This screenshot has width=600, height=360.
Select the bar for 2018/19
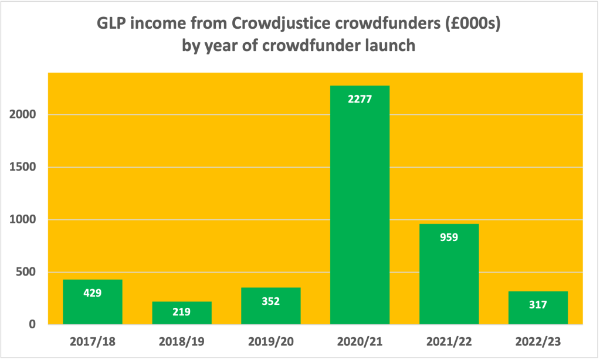click(x=182, y=317)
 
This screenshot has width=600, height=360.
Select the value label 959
click(x=449, y=237)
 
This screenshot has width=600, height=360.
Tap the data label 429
click(x=93, y=293)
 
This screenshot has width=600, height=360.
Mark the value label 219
click(x=182, y=311)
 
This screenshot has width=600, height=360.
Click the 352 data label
click(x=271, y=301)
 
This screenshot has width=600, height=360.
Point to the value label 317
click(x=538, y=304)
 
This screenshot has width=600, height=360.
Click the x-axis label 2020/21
click(x=360, y=341)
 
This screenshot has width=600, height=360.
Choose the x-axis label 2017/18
click(x=93, y=341)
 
